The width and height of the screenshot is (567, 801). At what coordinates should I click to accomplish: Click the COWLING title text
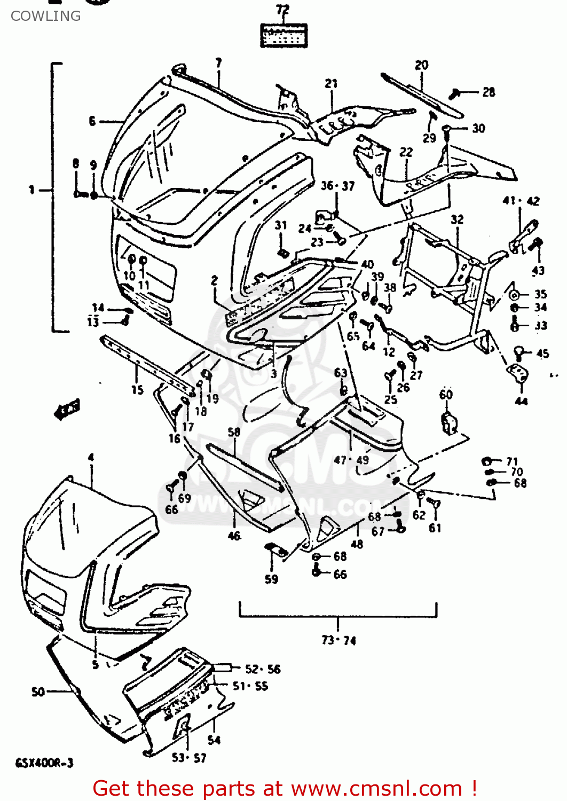click(x=45, y=16)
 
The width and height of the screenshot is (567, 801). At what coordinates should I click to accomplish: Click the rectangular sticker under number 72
click(x=283, y=36)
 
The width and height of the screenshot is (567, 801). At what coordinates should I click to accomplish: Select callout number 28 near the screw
click(x=489, y=92)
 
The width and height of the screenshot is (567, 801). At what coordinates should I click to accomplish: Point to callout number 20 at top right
click(x=421, y=65)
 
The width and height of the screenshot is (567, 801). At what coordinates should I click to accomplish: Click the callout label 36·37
click(x=337, y=186)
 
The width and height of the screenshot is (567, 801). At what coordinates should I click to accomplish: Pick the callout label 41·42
click(x=521, y=201)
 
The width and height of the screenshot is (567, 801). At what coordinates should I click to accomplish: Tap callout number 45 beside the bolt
click(x=542, y=354)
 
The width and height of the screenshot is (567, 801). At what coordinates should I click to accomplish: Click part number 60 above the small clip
click(x=446, y=395)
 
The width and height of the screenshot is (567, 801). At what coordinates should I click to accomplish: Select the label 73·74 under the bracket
click(x=338, y=640)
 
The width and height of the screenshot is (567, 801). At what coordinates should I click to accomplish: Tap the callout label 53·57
click(x=189, y=758)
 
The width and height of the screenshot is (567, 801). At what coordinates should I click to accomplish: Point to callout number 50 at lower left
click(x=38, y=692)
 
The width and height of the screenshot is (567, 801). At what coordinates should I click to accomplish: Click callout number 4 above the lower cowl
click(x=91, y=457)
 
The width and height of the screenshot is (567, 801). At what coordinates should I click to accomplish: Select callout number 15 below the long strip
click(x=137, y=390)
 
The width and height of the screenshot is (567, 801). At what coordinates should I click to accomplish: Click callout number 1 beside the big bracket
click(x=31, y=190)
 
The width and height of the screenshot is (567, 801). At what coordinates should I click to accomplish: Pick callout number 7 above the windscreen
click(x=218, y=63)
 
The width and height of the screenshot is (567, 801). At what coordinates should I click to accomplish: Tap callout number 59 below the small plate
click(x=271, y=579)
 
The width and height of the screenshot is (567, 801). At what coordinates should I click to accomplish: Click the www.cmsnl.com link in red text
click(x=376, y=789)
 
